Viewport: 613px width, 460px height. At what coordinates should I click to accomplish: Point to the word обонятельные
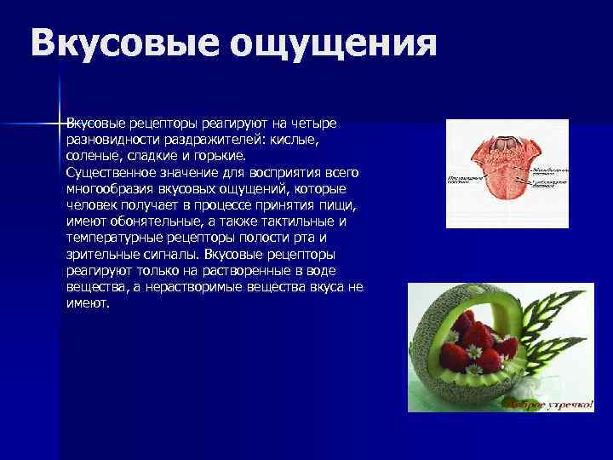(154, 221)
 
